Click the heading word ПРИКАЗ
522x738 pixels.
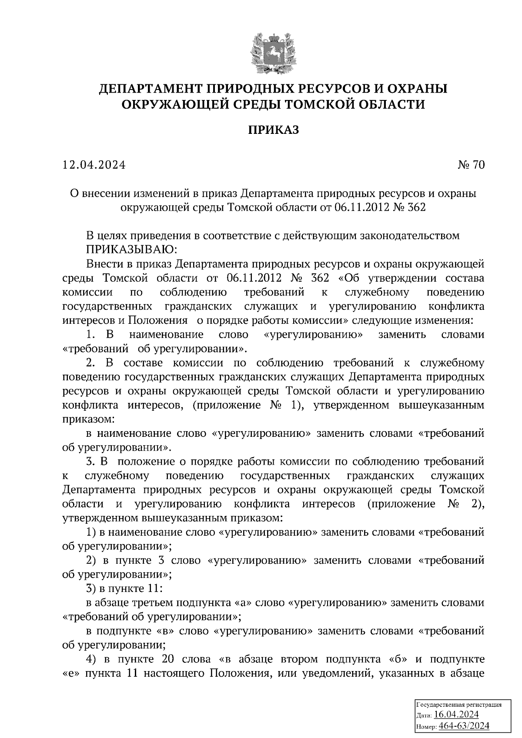pyautogui.click(x=274, y=130)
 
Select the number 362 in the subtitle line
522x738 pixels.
pyautogui.click(x=417, y=207)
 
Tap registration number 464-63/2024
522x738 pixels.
pyautogui.click(x=464, y=726)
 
